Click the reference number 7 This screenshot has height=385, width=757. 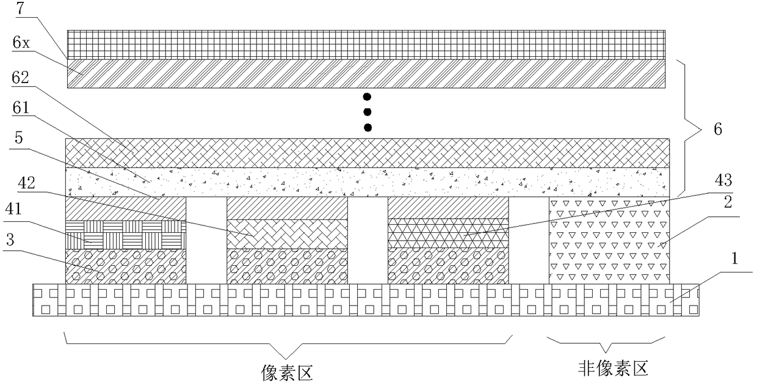point(21,8)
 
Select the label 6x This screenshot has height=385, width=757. point(21,43)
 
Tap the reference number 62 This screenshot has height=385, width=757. point(20,78)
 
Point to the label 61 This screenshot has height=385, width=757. point(21,108)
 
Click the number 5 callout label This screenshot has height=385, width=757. point(18,137)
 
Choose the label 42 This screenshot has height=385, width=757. point(26,183)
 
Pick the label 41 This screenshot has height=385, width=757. point(13,209)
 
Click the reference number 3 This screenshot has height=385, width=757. point(10,240)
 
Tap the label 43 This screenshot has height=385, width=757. point(723,180)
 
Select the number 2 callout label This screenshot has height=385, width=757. point(728,202)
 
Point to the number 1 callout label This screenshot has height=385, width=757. point(734,258)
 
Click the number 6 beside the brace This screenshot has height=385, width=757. point(718,129)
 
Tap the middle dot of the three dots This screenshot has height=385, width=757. point(368,112)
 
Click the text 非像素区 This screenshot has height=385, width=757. point(613,369)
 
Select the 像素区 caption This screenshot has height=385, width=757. point(287,373)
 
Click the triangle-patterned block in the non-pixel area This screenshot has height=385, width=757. point(609,240)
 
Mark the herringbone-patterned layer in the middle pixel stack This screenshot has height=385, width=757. point(287,234)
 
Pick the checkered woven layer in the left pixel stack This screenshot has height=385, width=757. point(125,235)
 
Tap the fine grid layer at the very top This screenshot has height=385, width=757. point(366,45)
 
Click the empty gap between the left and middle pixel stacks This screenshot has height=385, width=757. point(206,240)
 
